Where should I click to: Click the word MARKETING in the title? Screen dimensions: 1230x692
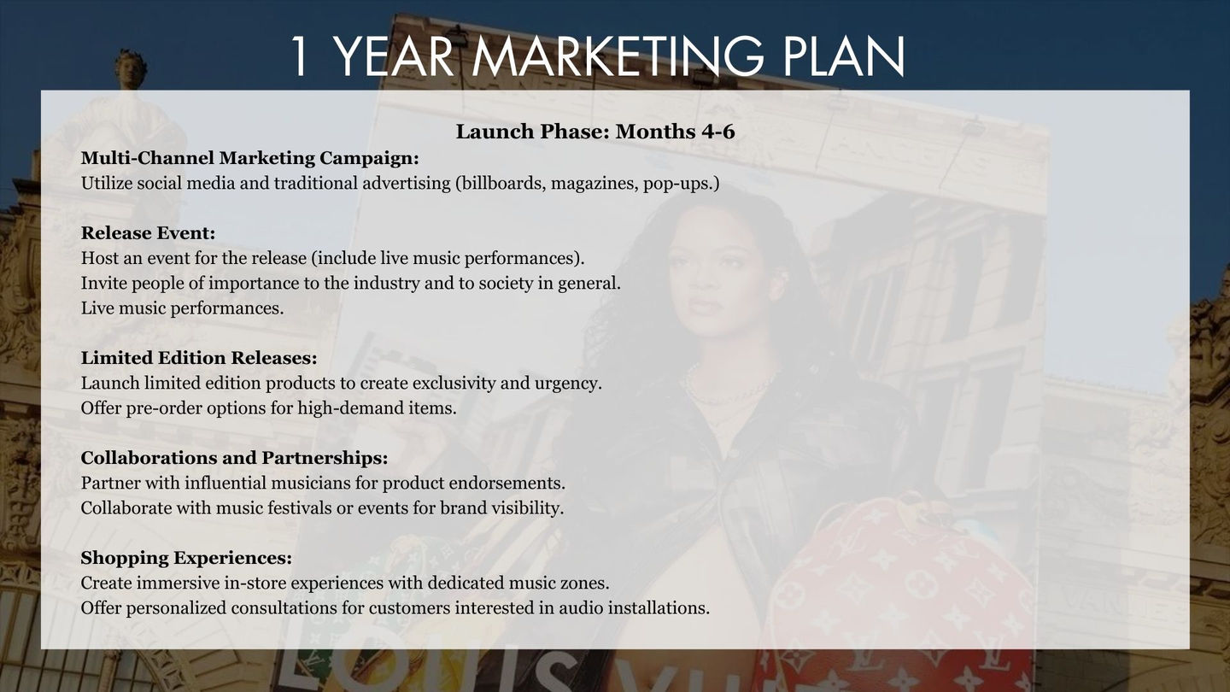pyautogui.click(x=618, y=56)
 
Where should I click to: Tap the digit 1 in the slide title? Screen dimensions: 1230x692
pyautogui.click(x=299, y=56)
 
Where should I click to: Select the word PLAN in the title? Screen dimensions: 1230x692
pyautogui.click(x=843, y=56)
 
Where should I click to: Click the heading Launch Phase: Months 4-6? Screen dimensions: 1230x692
pyautogui.click(x=595, y=132)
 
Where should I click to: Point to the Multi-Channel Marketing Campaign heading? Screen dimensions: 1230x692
pyautogui.click(x=249, y=158)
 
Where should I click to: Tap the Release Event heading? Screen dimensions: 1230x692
pyautogui.click(x=149, y=233)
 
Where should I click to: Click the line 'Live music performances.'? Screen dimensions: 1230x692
pyautogui.click(x=182, y=308)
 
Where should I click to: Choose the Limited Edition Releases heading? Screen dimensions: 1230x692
pyautogui.click(x=199, y=358)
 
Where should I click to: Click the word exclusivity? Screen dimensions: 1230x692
pyautogui.click(x=454, y=383)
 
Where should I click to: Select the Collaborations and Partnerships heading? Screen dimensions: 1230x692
pyautogui.click(x=234, y=458)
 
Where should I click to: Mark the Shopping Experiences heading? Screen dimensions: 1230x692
pyautogui.click(x=187, y=558)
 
